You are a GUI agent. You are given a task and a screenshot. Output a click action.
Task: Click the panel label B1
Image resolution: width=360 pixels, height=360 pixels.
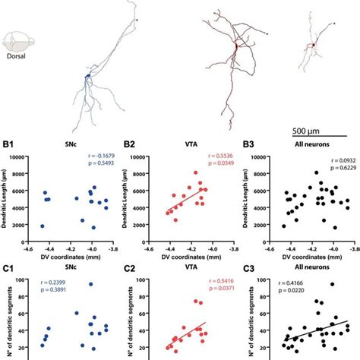10,143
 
